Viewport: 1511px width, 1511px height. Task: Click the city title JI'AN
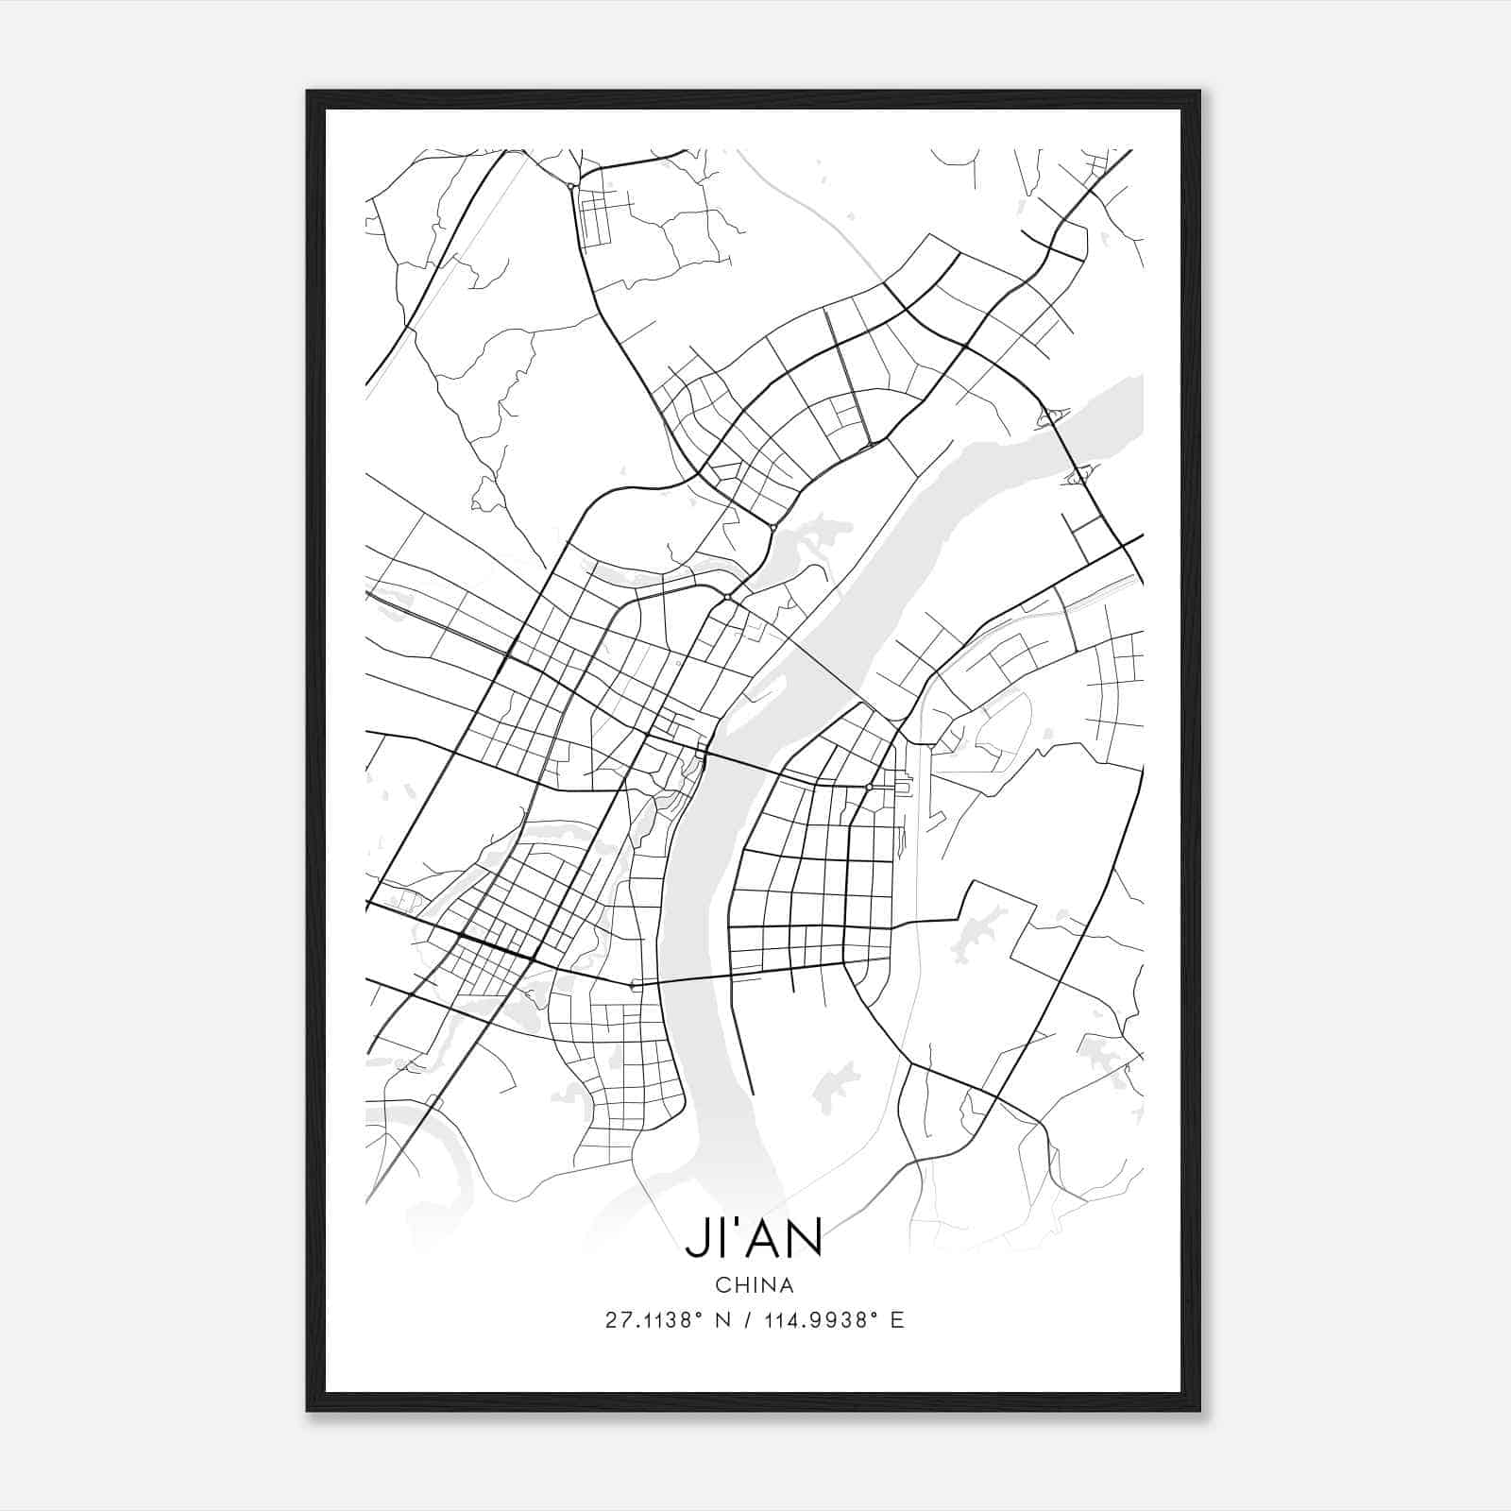pos(754,1239)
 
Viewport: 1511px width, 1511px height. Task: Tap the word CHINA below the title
pos(755,1285)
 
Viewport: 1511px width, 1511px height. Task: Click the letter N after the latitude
pos(724,1320)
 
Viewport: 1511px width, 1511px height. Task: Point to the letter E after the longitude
pos(897,1320)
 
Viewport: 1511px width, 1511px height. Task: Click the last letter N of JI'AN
pos(806,1239)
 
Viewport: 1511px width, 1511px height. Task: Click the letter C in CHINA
pos(722,1285)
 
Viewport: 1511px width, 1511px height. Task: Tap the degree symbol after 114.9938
pos(877,1314)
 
